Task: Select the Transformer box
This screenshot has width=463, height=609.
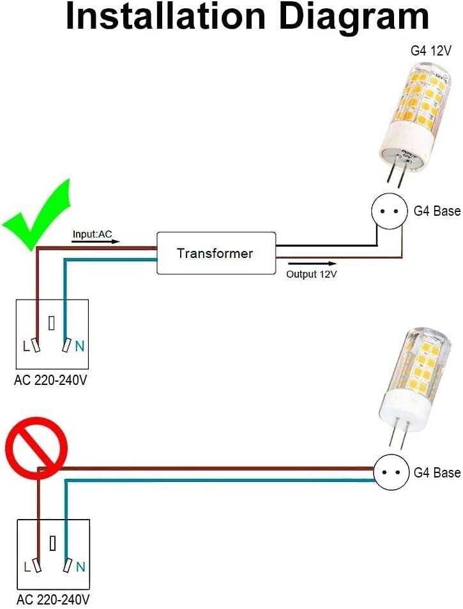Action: click(216, 253)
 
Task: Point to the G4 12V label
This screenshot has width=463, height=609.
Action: click(430, 50)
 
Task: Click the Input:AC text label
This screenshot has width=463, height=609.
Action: click(92, 235)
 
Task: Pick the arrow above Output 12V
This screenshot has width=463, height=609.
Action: click(312, 263)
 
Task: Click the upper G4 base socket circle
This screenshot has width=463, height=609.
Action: click(389, 211)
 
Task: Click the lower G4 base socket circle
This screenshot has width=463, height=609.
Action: click(390, 472)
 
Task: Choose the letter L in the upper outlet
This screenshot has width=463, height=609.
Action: click(26, 347)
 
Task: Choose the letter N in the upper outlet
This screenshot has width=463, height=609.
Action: click(79, 347)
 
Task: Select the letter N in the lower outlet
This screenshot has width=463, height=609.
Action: click(80, 566)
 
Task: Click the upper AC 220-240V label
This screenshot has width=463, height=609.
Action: click(52, 380)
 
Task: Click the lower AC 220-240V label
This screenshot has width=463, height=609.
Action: click(52, 599)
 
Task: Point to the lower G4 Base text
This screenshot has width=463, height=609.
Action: click(437, 472)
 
